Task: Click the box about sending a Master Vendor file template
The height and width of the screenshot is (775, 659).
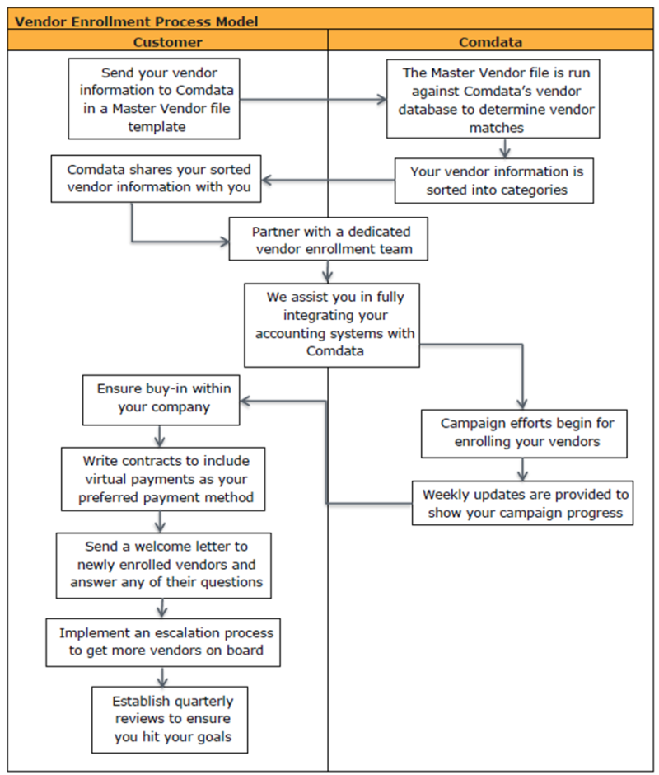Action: (154, 99)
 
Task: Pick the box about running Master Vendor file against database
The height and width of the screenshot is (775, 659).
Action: (493, 99)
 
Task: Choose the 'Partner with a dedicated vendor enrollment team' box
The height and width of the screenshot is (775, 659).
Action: (330, 238)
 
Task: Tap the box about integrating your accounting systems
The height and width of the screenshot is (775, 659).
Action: (331, 325)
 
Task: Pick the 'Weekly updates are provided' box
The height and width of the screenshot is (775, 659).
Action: (523, 503)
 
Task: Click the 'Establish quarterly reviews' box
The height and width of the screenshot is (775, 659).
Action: (169, 719)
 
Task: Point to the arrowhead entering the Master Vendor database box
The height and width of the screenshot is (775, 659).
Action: (381, 100)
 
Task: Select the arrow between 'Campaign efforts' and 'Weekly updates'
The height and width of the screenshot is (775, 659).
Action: (521, 470)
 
